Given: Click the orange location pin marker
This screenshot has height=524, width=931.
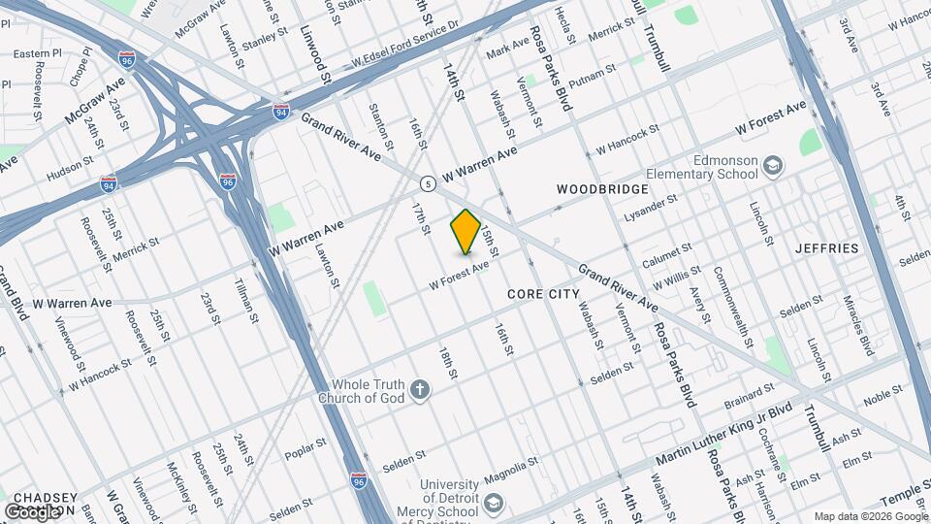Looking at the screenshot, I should pyautogui.click(x=466, y=231).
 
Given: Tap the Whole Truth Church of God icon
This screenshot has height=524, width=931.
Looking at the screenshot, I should pyautogui.click(x=420, y=390).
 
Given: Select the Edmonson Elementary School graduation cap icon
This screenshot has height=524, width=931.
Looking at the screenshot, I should pyautogui.click(x=772, y=166).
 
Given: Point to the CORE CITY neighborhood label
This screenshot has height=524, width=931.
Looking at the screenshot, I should pyautogui.click(x=543, y=293).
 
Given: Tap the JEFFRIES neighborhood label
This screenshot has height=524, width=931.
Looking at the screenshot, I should pyautogui.click(x=827, y=248).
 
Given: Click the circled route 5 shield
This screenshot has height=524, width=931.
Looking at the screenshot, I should pyautogui.click(x=427, y=182).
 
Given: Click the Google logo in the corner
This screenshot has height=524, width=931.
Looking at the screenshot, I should pyautogui.click(x=33, y=511).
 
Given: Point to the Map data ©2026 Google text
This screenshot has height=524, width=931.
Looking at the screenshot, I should pyautogui.click(x=869, y=515).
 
